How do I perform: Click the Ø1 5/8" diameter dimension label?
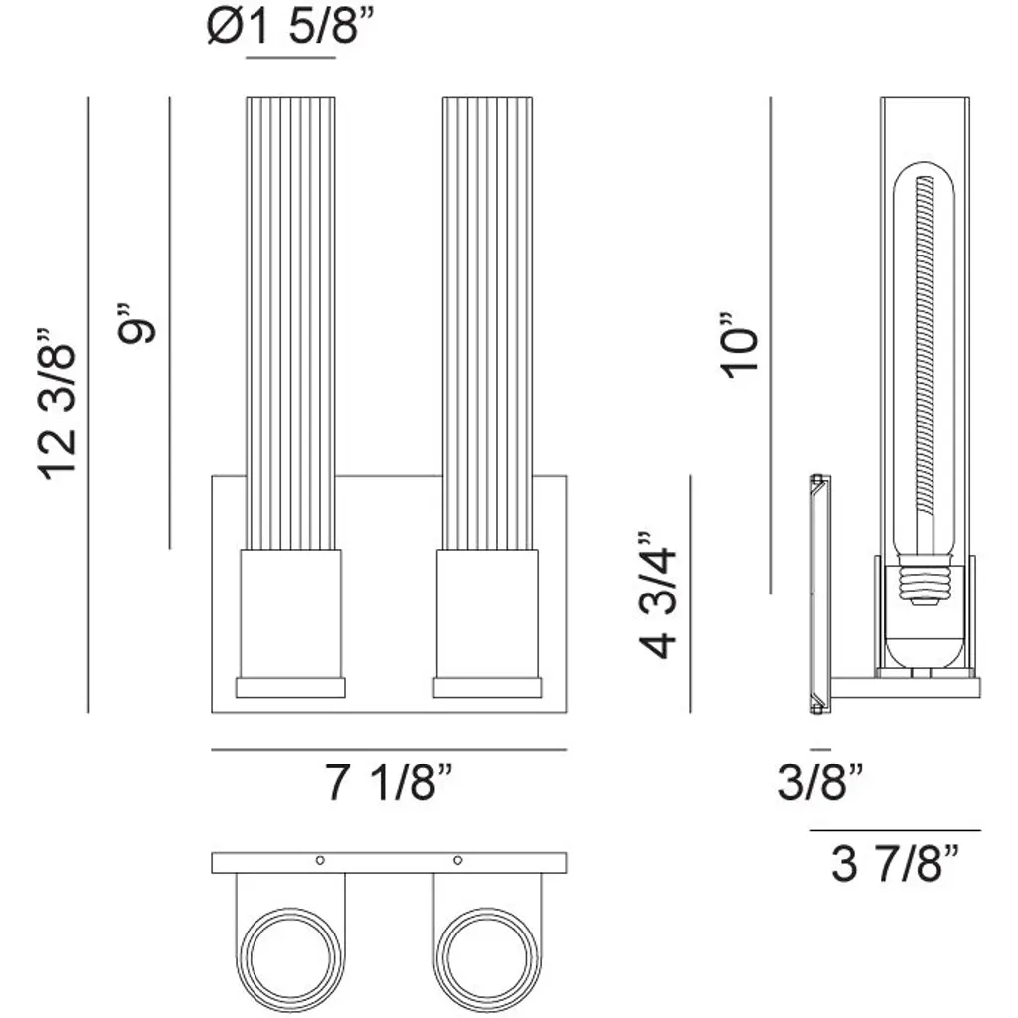[290, 28]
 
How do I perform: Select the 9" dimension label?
[135, 323]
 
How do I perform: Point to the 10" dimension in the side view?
[739, 344]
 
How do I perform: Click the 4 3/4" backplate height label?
[657, 594]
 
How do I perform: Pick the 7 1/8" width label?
[389, 782]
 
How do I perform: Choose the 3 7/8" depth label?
[895, 864]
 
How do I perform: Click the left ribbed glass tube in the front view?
[291, 323]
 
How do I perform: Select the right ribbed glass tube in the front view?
[487, 323]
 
